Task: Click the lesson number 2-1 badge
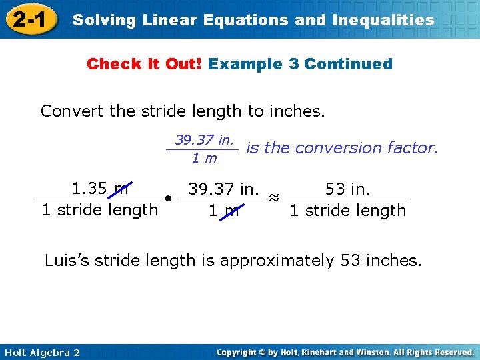click(29, 19)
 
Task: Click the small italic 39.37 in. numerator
click(204, 140)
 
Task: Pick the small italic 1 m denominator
click(204, 158)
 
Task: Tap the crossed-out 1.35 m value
click(101, 189)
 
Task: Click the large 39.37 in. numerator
click(223, 189)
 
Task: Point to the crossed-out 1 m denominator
click(223, 211)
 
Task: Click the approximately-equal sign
click(273, 198)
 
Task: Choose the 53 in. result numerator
click(347, 189)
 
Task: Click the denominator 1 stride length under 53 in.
click(347, 211)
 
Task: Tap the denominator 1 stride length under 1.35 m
click(100, 210)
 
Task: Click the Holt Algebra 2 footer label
click(41, 352)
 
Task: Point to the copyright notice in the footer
click(345, 352)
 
